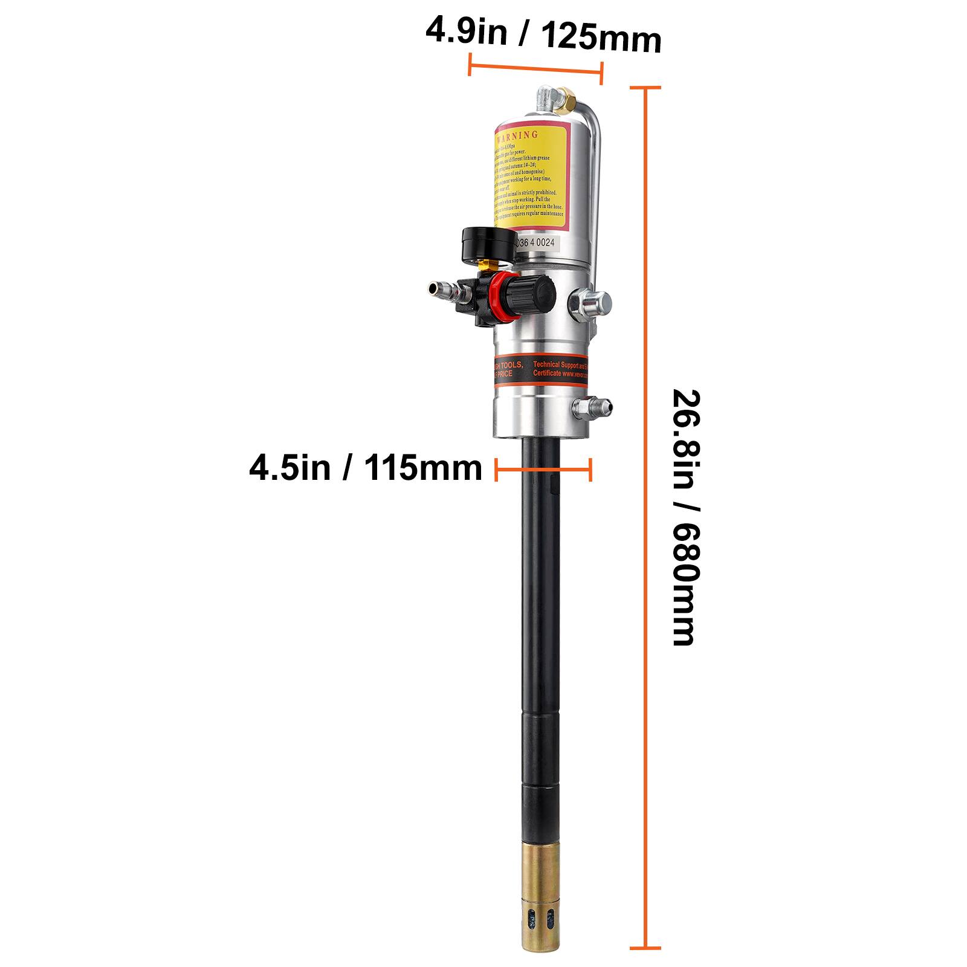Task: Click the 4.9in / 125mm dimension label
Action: [543, 36]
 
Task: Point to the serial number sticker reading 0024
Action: [537, 242]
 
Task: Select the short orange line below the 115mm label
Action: [543, 469]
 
